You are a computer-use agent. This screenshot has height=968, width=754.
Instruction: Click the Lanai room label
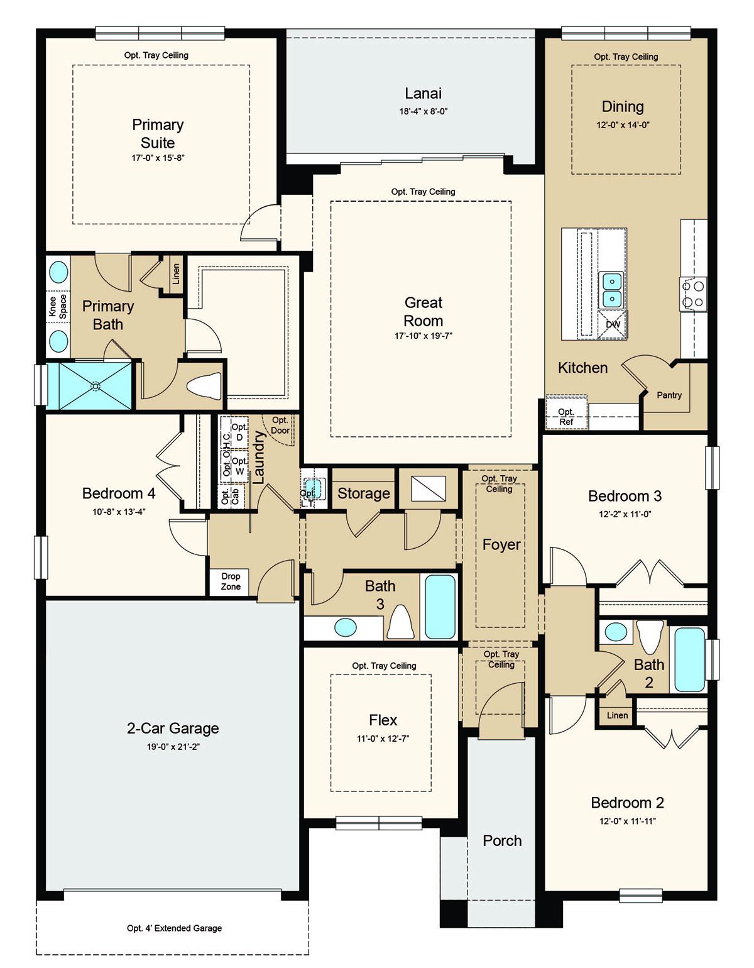point(423,94)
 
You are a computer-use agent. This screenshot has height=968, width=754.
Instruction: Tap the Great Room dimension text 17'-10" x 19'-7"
point(423,336)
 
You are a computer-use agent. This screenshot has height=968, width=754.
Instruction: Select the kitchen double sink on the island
point(612,290)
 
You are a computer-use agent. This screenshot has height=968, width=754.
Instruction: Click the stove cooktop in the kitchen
point(693,294)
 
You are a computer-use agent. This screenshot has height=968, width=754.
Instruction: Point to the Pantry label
point(669,395)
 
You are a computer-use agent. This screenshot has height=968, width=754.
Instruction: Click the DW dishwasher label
point(613,324)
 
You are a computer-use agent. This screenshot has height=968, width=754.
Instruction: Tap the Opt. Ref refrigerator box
point(566,416)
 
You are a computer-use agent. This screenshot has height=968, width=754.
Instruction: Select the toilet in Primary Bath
point(205,386)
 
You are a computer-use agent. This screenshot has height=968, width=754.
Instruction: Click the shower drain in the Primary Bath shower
point(96,386)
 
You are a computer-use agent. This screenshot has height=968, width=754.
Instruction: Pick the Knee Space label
point(58,306)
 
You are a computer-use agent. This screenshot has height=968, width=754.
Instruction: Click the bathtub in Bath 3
point(440,607)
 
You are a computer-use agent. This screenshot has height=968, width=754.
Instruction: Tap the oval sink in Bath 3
point(345,627)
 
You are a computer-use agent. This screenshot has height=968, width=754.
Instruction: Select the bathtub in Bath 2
point(689,659)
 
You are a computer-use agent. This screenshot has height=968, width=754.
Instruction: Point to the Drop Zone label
point(231,581)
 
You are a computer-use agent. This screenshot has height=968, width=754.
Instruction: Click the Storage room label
point(364,493)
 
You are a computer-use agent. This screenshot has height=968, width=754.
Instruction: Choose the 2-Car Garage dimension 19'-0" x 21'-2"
point(173,747)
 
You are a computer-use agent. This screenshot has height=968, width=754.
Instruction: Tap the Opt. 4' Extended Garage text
point(174,928)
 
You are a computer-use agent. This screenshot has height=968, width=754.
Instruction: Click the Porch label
point(502,840)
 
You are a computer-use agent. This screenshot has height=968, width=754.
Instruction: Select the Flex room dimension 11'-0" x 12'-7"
point(383,739)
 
